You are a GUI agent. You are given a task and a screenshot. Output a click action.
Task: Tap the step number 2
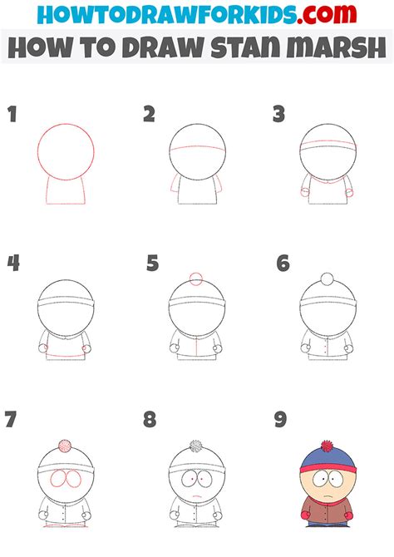click(x=150, y=114)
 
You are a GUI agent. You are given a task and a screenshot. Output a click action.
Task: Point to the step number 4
click(x=13, y=264)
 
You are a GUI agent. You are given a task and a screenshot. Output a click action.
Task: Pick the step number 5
click(x=152, y=264)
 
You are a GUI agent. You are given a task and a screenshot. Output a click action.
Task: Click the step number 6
click(x=283, y=264)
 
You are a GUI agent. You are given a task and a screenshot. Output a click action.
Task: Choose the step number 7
click(x=12, y=419)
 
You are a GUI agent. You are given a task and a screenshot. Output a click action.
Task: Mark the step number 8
click(x=150, y=419)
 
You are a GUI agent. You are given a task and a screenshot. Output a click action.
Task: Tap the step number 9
click(x=281, y=419)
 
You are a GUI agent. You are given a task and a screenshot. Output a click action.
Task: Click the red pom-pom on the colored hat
click(x=328, y=446)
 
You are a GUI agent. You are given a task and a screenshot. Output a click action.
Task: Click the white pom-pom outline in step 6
click(x=328, y=278)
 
